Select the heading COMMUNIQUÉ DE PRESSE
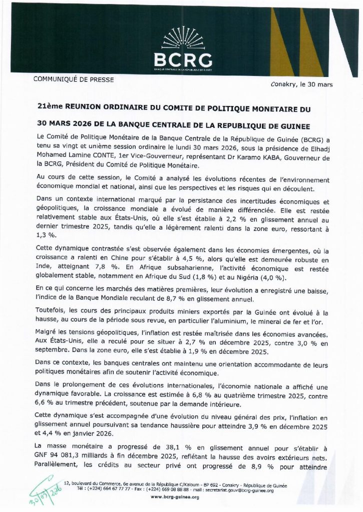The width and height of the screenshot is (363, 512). [x=73, y=79]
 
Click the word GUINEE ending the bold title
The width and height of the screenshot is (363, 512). [x=308, y=123]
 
